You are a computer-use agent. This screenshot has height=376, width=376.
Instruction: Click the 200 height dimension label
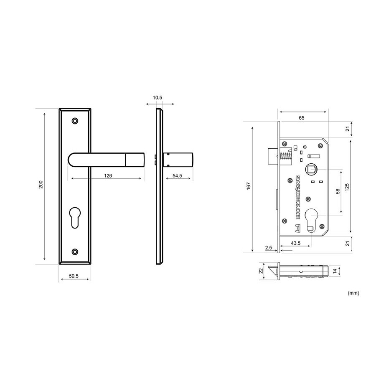tap(41, 184)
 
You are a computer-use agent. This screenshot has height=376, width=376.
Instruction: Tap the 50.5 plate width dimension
tap(74, 276)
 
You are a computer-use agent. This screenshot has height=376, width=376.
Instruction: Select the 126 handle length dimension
tap(108, 176)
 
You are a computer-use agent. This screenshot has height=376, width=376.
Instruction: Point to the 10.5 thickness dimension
tap(158, 98)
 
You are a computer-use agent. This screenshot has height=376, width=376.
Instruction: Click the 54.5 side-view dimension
tap(177, 176)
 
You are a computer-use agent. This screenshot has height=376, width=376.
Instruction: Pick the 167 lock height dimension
tap(249, 186)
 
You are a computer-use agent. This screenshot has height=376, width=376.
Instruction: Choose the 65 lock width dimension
tap(301, 118)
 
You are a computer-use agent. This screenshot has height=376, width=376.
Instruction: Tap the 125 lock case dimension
tap(347, 187)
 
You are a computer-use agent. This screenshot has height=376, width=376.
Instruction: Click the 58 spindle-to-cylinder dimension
tap(338, 191)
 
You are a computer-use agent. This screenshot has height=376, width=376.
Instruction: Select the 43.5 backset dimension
tap(295, 243)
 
